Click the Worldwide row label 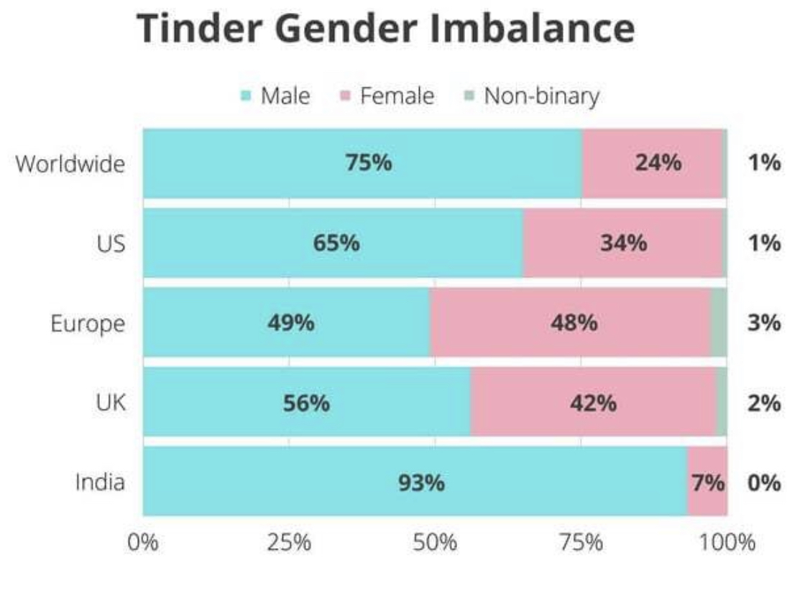[70, 163]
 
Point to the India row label [100, 481]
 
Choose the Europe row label [87, 323]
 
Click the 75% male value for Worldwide [369, 163]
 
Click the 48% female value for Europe [574, 323]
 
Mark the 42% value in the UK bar [593, 403]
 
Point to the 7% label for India [708, 482]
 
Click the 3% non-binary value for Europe [763, 323]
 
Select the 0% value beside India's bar [763, 482]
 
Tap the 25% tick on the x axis [289, 542]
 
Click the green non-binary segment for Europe [718, 323]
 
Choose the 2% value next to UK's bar [763, 403]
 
